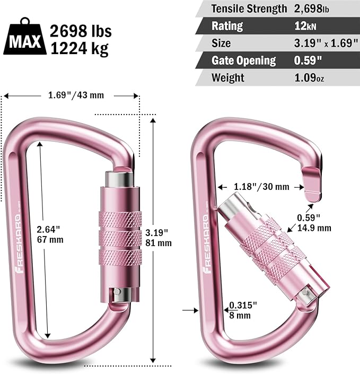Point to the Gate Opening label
pos(243,60)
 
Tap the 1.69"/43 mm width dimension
pos(72,95)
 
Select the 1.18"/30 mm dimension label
pos(261,186)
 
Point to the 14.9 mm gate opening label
pos(314,228)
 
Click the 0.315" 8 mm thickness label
pos(242,310)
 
